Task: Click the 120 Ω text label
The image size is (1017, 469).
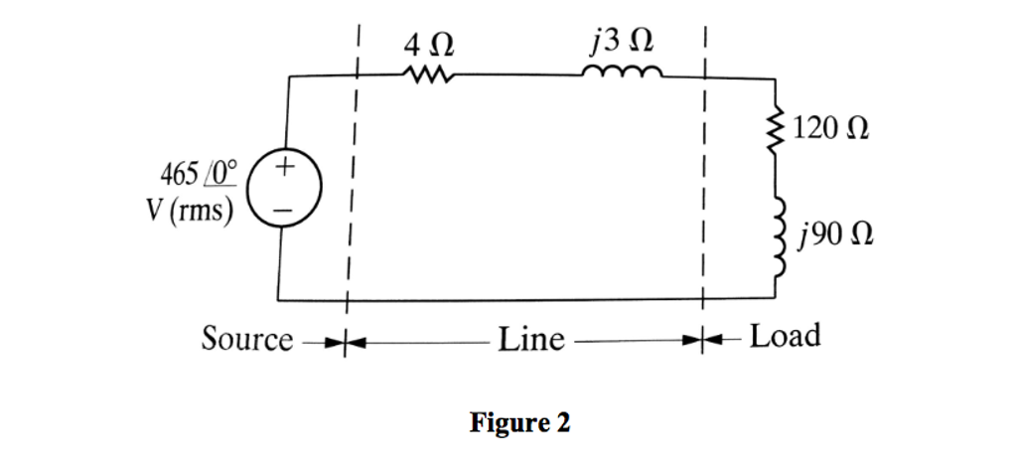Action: click(830, 132)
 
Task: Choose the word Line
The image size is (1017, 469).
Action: click(529, 340)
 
